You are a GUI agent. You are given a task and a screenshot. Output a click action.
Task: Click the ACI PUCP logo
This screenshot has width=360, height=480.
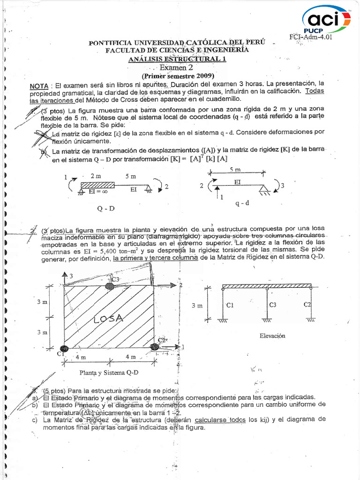326,20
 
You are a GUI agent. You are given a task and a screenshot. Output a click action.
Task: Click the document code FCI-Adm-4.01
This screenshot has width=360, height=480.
311,38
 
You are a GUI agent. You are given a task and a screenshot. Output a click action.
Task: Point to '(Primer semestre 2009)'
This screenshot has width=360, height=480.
178,76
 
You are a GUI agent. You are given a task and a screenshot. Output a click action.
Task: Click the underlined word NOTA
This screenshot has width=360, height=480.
39,86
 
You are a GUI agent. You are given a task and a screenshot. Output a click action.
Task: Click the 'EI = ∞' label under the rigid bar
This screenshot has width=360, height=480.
96,192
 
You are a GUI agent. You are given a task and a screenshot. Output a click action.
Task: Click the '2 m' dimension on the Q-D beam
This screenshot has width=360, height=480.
96,176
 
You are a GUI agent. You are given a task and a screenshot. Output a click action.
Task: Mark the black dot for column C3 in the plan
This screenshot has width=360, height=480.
110,285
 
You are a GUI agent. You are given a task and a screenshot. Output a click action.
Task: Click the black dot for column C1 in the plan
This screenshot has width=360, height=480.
64,347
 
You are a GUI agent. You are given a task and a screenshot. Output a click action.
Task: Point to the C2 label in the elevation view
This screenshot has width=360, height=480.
307,305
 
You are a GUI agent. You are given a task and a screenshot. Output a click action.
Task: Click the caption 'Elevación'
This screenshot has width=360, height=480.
272,336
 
